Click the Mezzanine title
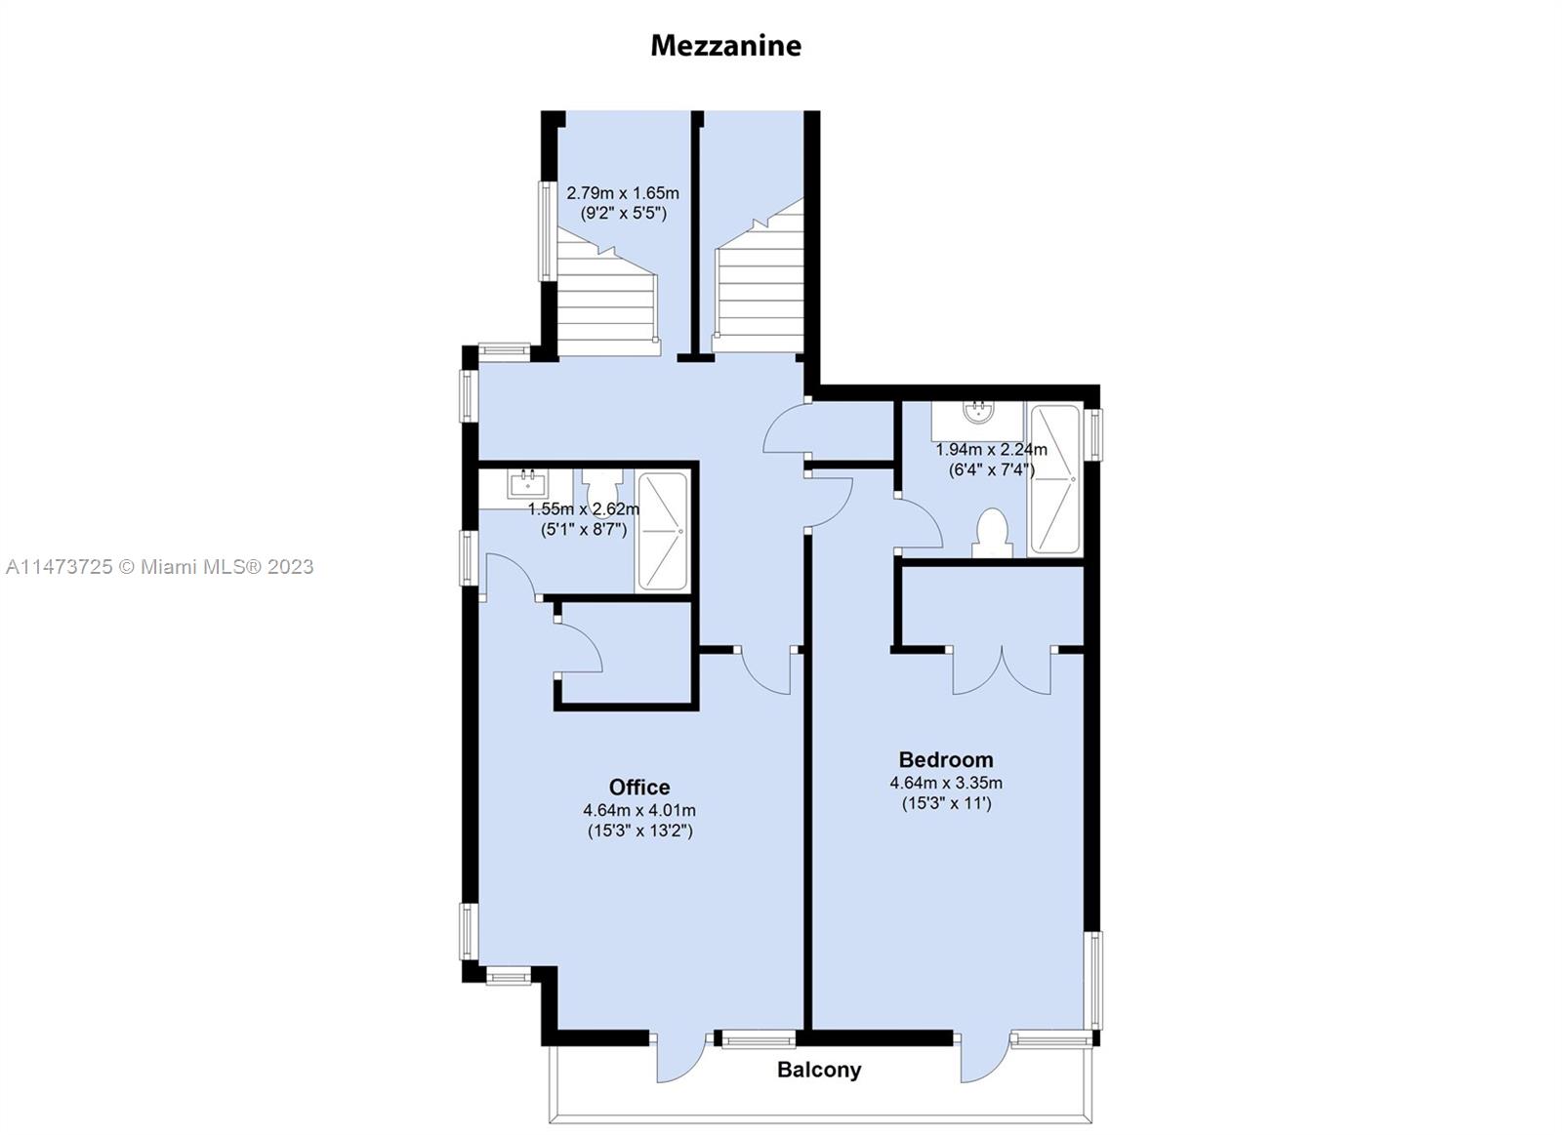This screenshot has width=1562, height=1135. click(x=726, y=46)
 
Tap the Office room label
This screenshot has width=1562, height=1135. click(x=639, y=788)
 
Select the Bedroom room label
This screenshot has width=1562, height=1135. click(x=946, y=759)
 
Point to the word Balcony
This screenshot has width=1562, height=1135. click(x=819, y=1070)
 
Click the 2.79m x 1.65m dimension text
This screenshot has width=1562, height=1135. click(x=623, y=193)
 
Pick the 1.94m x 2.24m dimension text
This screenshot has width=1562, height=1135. click(x=991, y=450)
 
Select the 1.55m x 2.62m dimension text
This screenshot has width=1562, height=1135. click(x=584, y=509)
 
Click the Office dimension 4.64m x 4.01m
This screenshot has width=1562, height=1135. click(x=639, y=811)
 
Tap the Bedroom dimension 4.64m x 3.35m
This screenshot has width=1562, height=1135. click(x=946, y=783)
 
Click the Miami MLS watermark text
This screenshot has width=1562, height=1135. click(x=160, y=567)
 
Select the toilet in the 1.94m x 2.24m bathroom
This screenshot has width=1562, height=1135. click(x=992, y=534)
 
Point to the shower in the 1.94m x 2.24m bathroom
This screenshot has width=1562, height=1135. click(x=1055, y=479)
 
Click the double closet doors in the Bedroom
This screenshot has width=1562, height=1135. click(x=1002, y=670)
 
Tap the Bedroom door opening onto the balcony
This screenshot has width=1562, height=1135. click(x=986, y=1057)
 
